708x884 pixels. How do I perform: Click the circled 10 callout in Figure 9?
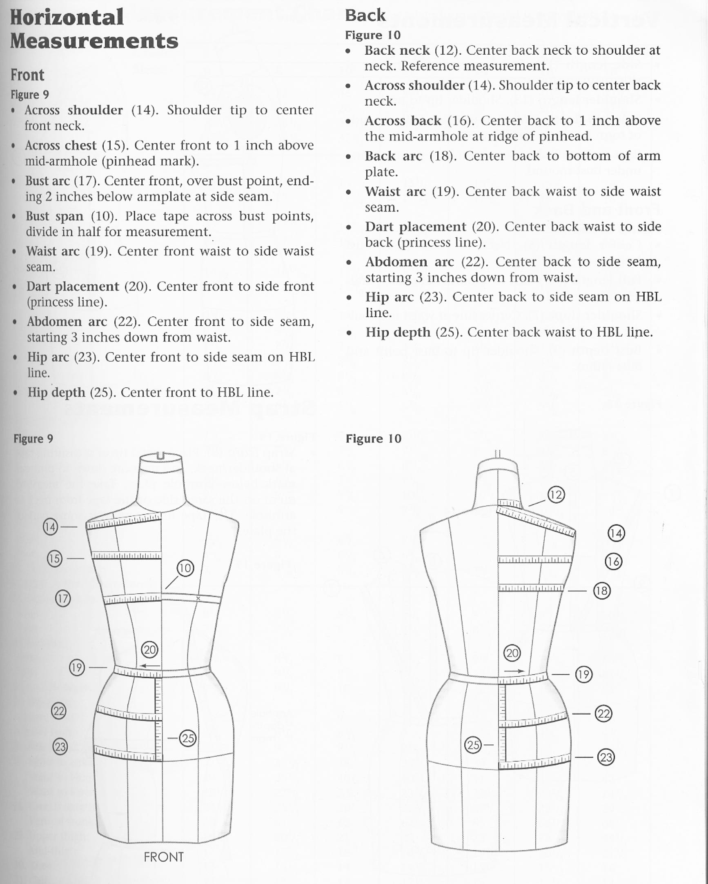(x=185, y=568)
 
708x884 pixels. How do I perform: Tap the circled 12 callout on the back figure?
(x=556, y=495)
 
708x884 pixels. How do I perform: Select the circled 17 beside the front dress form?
(x=63, y=599)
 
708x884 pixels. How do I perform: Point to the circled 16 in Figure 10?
(x=614, y=561)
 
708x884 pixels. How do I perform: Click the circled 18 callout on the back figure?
(x=602, y=591)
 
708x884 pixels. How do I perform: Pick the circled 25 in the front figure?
(x=188, y=738)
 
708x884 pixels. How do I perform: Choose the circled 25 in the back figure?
(x=473, y=744)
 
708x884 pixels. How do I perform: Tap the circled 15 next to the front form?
(x=55, y=558)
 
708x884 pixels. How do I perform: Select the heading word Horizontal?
(x=67, y=17)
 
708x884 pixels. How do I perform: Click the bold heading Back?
(x=365, y=16)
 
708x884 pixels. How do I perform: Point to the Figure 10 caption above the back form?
(x=373, y=439)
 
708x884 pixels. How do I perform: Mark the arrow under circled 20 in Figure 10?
(x=514, y=671)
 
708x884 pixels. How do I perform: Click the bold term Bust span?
(x=55, y=216)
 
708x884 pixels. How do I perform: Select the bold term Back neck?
(x=397, y=51)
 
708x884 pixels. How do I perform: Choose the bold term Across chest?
(x=61, y=145)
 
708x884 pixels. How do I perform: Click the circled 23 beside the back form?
(x=606, y=757)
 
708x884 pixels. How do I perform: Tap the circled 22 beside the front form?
(x=59, y=711)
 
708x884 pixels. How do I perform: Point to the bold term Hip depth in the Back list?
(x=398, y=332)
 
